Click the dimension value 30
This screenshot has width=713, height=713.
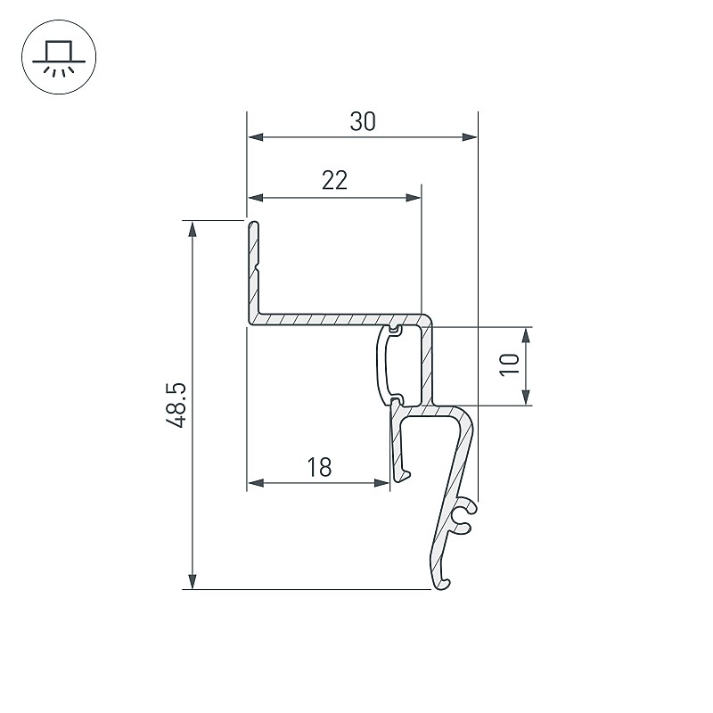[363, 122]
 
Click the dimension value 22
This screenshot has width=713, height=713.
[334, 180]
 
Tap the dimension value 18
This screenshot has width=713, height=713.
[319, 467]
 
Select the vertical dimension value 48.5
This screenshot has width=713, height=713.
[176, 406]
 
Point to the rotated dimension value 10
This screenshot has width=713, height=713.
[510, 365]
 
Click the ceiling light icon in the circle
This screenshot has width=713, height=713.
[59, 57]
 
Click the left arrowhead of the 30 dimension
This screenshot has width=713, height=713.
[256, 137]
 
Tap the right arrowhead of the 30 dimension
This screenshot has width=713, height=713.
[470, 137]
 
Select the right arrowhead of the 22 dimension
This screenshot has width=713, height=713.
[413, 197]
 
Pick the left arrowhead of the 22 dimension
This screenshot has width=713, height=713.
[256, 197]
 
